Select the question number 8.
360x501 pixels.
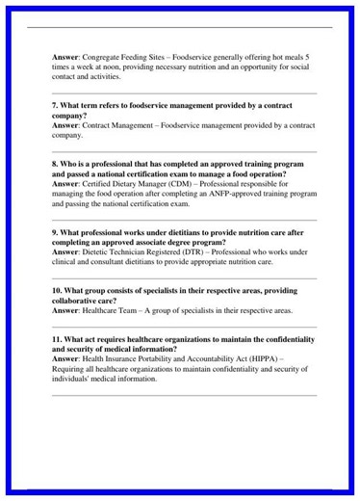point(55,164)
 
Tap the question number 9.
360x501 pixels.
point(55,232)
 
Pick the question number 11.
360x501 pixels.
point(58,339)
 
